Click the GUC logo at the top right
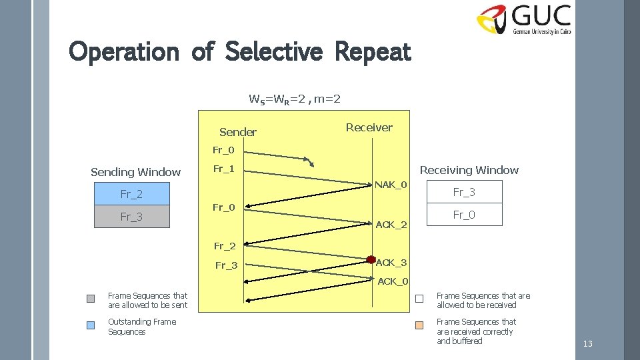[524, 20]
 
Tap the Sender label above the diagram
[237, 132]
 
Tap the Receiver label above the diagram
[369, 127]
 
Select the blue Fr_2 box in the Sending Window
[131, 194]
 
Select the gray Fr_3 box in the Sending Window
[131, 217]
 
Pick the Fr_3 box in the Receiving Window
[464, 192]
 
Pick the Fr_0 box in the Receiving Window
[464, 215]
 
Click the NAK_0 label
[391, 185]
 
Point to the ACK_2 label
[391, 225]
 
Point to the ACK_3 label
[391, 263]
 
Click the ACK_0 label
[393, 281]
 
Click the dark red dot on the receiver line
[371, 260]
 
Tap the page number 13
[587, 344]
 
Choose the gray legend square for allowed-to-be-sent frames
[91, 299]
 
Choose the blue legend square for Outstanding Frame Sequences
[91, 326]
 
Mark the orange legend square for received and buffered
[419, 326]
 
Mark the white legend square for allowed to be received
[419, 299]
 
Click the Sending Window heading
[135, 172]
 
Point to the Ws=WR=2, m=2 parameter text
[295, 99]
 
